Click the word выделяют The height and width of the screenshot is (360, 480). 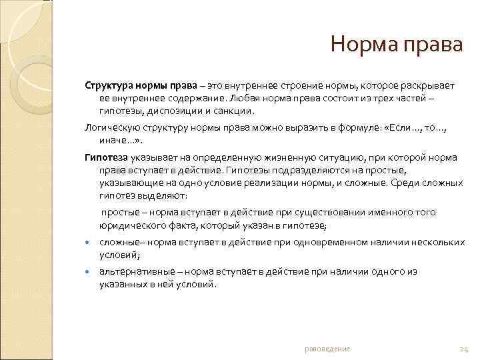click(163, 197)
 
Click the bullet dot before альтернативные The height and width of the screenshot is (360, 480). click(88, 272)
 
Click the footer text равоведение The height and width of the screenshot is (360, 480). click(327, 349)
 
